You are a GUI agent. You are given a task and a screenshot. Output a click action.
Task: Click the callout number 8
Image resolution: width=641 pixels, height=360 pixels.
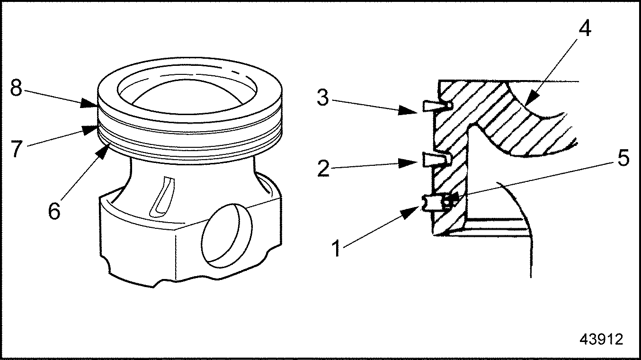tap(16, 88)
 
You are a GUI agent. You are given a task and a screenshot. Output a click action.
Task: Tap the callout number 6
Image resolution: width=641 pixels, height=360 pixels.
tap(54, 211)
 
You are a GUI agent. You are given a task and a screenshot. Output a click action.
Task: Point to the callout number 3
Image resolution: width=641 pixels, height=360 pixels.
tap(323, 98)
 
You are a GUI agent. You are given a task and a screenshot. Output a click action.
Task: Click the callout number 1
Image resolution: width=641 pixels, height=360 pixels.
tap(337, 248)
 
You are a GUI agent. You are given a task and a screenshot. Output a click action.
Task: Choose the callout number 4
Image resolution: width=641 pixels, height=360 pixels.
tap(585, 28)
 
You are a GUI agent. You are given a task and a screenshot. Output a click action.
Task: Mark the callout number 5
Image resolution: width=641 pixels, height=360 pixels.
tap(623, 158)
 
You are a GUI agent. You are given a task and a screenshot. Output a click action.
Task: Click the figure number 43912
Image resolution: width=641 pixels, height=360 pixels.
tap(601, 340)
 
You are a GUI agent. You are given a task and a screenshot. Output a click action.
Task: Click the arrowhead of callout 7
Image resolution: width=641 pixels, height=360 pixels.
tap(90, 130)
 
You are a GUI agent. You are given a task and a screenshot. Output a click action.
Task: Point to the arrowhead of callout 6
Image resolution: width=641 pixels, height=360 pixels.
tap(103, 152)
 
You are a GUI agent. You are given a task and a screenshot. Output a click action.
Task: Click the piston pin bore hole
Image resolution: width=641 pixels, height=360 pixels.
tap(227, 236)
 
